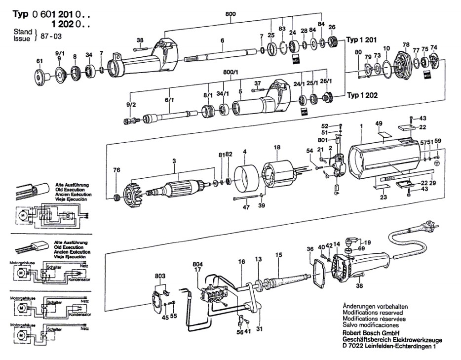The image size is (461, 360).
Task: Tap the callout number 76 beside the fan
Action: pyautogui.click(x=116, y=170)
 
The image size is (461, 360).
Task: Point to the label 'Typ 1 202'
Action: pyautogui.click(x=363, y=95)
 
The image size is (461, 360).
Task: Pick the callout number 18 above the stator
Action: pyautogui.click(x=277, y=147)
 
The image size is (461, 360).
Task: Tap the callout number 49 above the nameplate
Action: pyautogui.click(x=379, y=123)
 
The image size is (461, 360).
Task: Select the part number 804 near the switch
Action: pyautogui.click(x=197, y=264)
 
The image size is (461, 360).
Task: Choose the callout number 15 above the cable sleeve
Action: pyautogui.click(x=279, y=255)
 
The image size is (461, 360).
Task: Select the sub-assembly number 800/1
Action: pyautogui.click(x=230, y=72)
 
